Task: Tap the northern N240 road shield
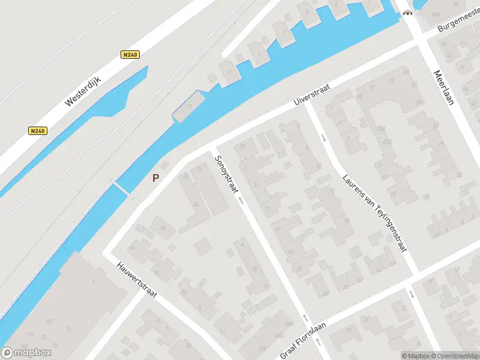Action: click(130, 55)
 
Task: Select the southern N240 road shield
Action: click(37, 131)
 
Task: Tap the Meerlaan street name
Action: click(444, 87)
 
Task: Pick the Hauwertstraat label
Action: click(137, 282)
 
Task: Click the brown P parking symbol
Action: click(156, 178)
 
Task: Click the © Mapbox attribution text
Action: click(413, 356)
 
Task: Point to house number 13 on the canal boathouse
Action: click(188, 106)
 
